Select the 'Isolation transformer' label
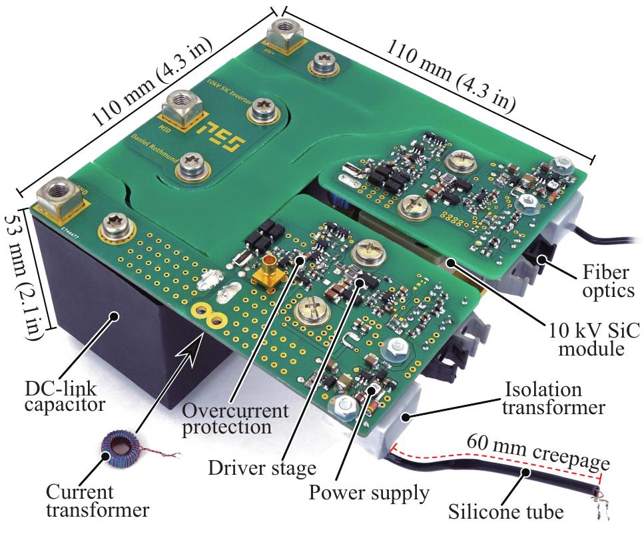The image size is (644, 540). click(x=553, y=398)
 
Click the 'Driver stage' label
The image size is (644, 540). click(x=262, y=468)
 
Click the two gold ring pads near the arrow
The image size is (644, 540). click(x=206, y=314)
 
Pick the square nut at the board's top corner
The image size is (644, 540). click(x=283, y=32)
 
